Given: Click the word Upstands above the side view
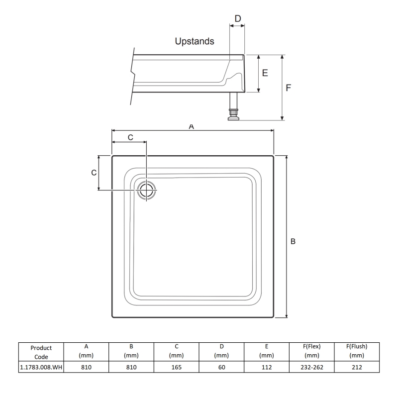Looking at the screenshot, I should (195, 41).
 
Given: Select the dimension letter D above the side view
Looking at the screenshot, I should (238, 19).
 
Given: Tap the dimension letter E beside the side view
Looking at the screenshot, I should (265, 73).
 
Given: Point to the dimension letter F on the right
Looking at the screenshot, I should (289, 88).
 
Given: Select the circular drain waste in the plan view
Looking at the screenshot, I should (147, 191).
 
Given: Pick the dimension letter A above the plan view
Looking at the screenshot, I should (192, 127).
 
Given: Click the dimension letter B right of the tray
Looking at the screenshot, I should (293, 241).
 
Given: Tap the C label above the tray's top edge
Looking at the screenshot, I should (130, 137).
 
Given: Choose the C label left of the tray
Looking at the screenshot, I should (94, 173).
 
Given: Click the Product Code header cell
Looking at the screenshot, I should (41, 352).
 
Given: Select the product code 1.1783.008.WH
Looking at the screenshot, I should (41, 367).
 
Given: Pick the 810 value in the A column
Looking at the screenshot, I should (86, 367).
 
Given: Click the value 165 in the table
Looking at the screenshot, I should (176, 367).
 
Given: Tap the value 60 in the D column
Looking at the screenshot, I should (221, 367).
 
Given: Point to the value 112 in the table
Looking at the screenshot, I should (267, 367).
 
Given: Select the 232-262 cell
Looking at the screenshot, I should (311, 367).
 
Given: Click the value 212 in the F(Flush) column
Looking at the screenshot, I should (356, 367).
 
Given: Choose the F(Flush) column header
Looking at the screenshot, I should (356, 351).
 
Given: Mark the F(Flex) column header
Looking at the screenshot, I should (311, 351).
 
